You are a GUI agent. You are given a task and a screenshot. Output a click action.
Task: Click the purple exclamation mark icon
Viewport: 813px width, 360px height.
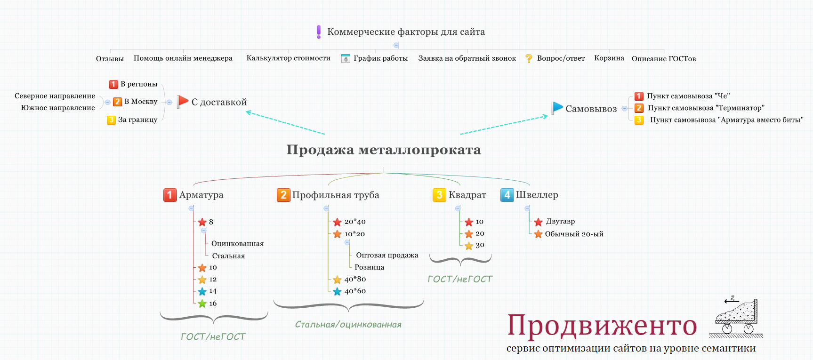pyautogui.click(x=319, y=32)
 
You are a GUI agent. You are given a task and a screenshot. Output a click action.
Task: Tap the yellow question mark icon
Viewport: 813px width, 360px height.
pyautogui.click(x=529, y=58)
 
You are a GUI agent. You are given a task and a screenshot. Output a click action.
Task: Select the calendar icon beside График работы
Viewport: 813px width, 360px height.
pyautogui.click(x=346, y=58)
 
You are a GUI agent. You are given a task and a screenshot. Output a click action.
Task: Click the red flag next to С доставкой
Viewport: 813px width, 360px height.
pyautogui.click(x=183, y=102)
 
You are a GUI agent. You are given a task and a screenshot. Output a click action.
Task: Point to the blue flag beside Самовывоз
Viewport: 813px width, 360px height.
pyautogui.click(x=557, y=108)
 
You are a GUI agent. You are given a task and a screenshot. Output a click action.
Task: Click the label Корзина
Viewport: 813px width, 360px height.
pyautogui.click(x=609, y=58)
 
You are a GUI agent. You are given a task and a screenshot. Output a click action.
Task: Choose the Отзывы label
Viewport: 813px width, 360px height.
pyautogui.click(x=110, y=59)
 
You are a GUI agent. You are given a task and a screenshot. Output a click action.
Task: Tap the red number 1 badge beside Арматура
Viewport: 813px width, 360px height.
pyautogui.click(x=170, y=195)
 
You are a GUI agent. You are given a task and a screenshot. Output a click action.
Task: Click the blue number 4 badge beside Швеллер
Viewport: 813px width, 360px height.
pyautogui.click(x=507, y=195)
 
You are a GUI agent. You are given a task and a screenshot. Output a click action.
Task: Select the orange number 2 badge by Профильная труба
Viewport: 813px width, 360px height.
pyautogui.click(x=283, y=195)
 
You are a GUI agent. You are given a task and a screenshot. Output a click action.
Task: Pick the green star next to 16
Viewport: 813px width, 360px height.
pyautogui.click(x=202, y=304)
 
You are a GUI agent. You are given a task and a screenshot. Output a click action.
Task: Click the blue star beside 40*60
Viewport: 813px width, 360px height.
pyautogui.click(x=337, y=291)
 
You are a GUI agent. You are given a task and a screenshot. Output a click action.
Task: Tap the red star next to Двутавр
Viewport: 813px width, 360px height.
pyautogui.click(x=539, y=222)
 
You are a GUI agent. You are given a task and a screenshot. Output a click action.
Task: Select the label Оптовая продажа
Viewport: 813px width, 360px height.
pyautogui.click(x=387, y=255)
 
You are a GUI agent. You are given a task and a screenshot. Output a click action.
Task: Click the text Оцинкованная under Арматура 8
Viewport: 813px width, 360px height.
pyautogui.click(x=237, y=243)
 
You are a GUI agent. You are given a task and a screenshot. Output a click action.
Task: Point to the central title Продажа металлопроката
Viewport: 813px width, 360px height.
pyautogui.click(x=384, y=150)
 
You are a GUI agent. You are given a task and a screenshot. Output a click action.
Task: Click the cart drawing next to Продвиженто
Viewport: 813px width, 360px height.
pyautogui.click(x=736, y=318)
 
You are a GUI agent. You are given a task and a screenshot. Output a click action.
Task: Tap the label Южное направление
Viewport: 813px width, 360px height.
pyautogui.click(x=58, y=108)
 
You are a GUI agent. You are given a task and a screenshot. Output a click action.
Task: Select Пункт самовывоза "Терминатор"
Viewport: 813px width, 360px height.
pyautogui.click(x=706, y=108)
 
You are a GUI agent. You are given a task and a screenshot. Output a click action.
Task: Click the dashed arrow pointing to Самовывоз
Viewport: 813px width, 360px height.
pyautogui.click(x=504, y=125)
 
